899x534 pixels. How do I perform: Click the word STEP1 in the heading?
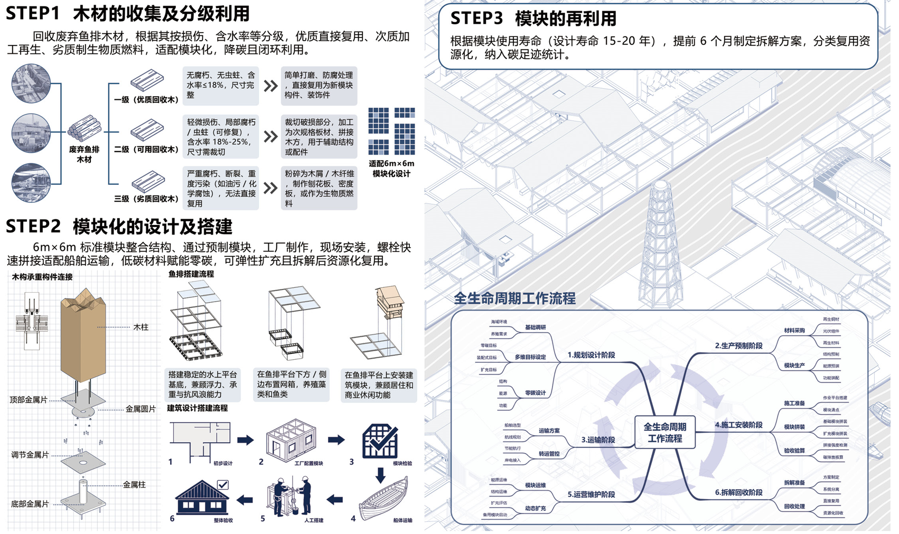pyautogui.click(x=33, y=13)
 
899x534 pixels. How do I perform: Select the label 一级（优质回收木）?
pyautogui.click(x=146, y=100)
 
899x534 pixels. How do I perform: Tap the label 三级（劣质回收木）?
pyautogui.click(x=146, y=199)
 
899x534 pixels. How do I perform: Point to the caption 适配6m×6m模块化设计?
pyautogui.click(x=391, y=168)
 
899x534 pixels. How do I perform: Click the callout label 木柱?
pyautogui.click(x=141, y=327)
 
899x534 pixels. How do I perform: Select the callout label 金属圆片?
pyautogui.click(x=140, y=409)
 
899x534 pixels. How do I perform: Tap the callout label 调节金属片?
pyautogui.click(x=30, y=455)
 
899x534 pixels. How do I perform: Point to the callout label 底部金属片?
pyautogui.click(x=30, y=504)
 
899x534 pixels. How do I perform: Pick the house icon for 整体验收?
pyautogui.click(x=202, y=496)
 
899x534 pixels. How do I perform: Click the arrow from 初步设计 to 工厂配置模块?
pyautogui.click(x=245, y=440)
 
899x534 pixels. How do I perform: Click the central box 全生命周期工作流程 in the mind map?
pyautogui.click(x=664, y=433)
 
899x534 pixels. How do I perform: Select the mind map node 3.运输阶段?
pyautogui.click(x=598, y=439)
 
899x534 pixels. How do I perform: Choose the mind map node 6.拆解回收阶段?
pyautogui.click(x=738, y=492)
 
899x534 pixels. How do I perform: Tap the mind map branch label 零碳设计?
pyautogui.click(x=535, y=393)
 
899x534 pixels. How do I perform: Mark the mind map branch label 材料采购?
pyautogui.click(x=794, y=331)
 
